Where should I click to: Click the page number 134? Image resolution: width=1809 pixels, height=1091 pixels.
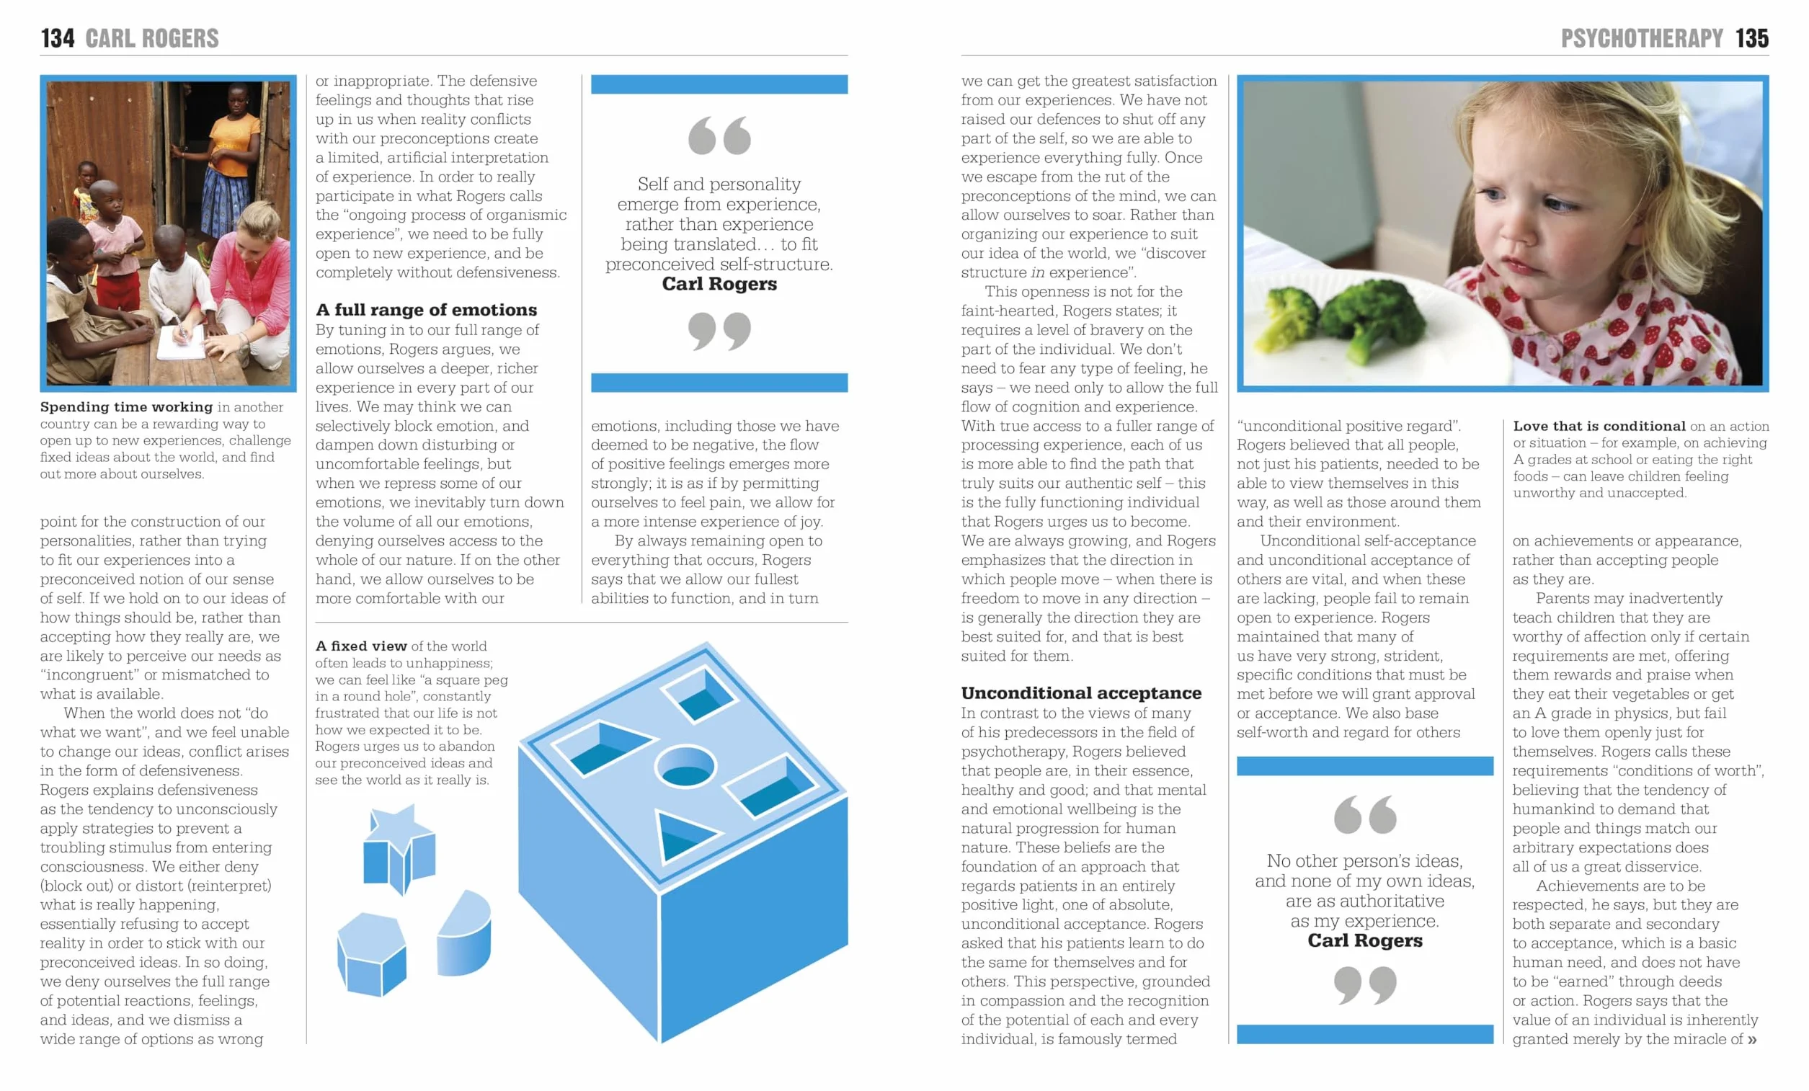point(57,38)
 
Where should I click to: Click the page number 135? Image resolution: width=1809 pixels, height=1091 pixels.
point(1752,38)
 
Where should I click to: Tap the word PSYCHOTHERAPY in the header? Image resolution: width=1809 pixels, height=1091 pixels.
point(1642,38)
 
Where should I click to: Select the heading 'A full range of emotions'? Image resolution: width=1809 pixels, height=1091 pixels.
point(426,310)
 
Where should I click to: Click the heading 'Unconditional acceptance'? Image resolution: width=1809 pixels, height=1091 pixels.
point(1081,693)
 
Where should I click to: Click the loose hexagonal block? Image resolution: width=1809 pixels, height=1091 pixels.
point(371,954)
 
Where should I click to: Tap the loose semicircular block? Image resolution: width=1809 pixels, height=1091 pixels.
point(464,934)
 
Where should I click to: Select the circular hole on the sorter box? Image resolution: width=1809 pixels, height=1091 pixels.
point(685,766)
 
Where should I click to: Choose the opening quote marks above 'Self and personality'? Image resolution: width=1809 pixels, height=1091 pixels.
point(719,135)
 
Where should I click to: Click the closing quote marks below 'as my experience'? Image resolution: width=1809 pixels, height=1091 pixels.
point(1365,985)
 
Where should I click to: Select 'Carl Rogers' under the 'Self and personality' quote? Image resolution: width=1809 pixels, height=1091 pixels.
point(719,284)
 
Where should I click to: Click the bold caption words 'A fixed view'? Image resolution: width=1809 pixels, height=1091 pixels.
point(361,646)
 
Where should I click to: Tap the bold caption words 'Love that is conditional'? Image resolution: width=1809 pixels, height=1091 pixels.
point(1599,426)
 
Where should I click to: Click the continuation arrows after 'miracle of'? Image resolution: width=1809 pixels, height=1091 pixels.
point(1753,1040)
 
